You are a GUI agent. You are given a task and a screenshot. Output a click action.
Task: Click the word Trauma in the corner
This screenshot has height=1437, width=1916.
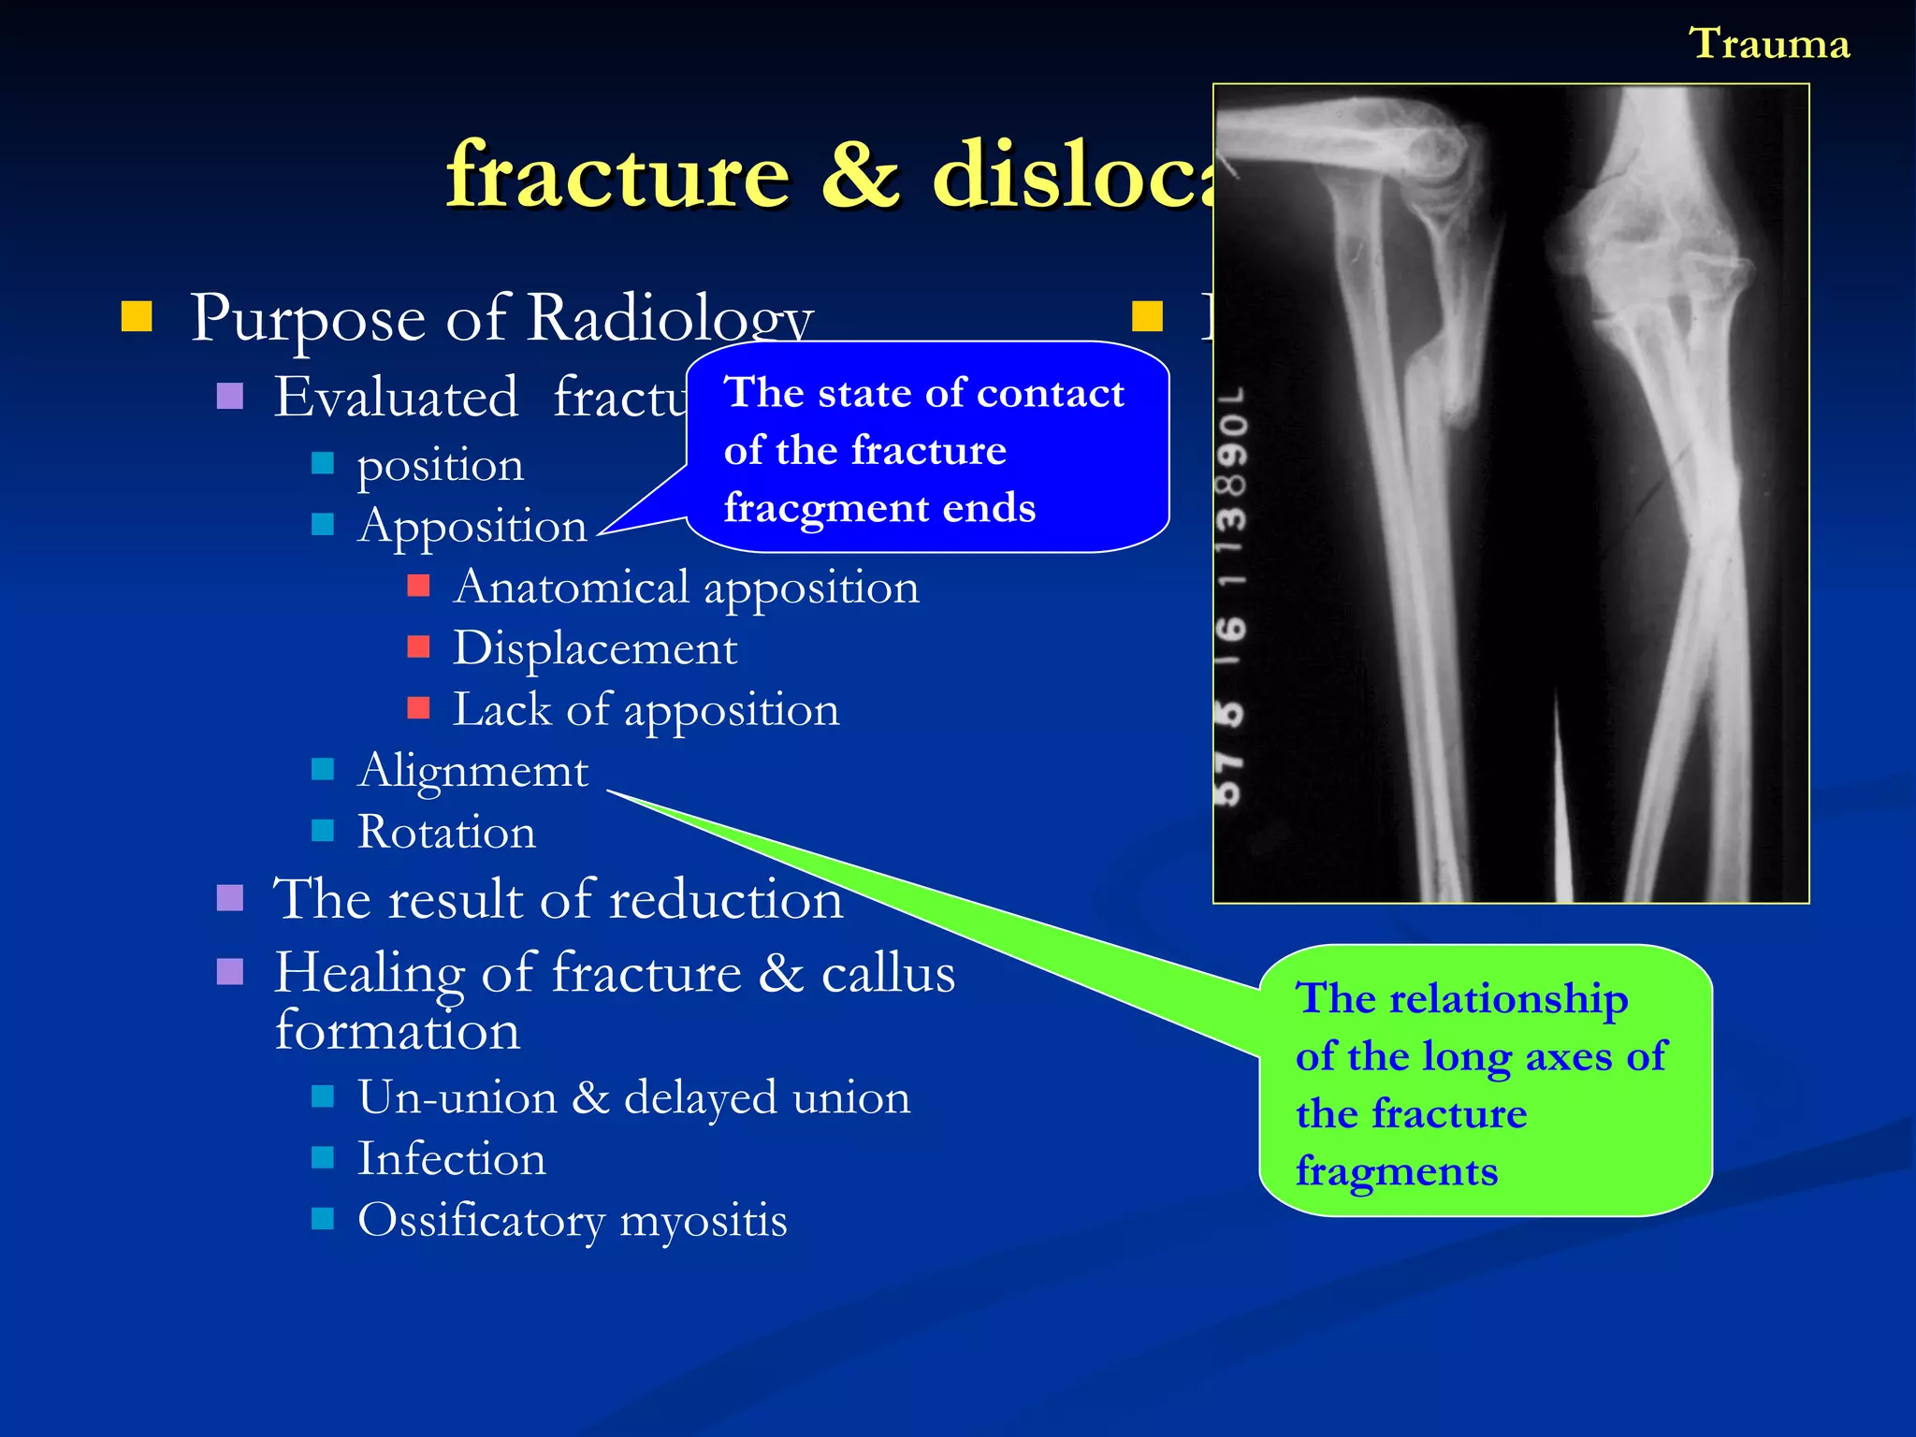tap(1769, 44)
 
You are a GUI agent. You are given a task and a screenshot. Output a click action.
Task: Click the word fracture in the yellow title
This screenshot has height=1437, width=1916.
tap(617, 175)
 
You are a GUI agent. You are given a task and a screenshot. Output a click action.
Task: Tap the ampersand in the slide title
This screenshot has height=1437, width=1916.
tap(861, 175)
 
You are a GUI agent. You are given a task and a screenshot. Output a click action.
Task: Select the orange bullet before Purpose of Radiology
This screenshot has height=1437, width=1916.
tap(137, 317)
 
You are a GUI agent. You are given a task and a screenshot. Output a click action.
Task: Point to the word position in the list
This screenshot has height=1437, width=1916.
tap(440, 466)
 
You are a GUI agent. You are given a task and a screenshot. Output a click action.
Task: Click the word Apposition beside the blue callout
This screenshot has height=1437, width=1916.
tap(472, 526)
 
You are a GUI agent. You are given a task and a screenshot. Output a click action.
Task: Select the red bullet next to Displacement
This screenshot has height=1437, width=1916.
tap(418, 646)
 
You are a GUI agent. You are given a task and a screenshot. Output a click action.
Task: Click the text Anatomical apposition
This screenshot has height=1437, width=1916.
tap(686, 588)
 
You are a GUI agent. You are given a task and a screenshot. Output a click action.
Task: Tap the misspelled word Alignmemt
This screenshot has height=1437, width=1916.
tap(472, 771)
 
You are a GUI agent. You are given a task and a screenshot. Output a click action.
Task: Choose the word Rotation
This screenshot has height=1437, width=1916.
tap(446, 832)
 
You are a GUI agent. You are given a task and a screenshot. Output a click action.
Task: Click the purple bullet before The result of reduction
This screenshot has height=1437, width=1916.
tap(230, 898)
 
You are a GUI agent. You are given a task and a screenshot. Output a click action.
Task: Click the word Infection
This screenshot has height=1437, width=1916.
tap(451, 1158)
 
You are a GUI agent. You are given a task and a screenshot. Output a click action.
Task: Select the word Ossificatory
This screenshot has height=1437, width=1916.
tap(481, 1220)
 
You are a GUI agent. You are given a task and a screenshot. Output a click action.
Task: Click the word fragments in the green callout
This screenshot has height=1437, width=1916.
tap(1396, 1171)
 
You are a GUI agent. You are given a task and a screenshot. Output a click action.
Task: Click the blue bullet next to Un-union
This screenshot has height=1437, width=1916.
tap(323, 1096)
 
